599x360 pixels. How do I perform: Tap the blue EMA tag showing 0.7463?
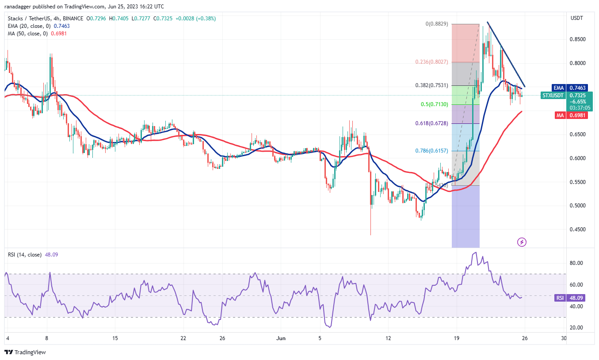pyautogui.click(x=565, y=88)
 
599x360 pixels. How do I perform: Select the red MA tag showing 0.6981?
pyautogui.click(x=565, y=115)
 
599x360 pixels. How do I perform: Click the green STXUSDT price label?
pyautogui.click(x=565, y=96)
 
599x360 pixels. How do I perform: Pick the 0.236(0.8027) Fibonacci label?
pyautogui.click(x=431, y=62)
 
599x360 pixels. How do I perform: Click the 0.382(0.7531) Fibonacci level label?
pyautogui.click(x=431, y=85)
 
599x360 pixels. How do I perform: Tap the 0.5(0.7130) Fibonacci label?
pyautogui.click(x=435, y=104)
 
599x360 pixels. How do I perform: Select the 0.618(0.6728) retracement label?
pyautogui.click(x=431, y=123)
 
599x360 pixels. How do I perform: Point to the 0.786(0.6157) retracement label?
pyautogui.click(x=431, y=151)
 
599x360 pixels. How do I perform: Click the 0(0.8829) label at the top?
pyautogui.click(x=437, y=24)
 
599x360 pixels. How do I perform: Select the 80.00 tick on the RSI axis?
pyautogui.click(x=577, y=263)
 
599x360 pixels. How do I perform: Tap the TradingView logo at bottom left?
pyautogui.click(x=25, y=352)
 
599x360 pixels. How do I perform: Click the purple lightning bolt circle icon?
pyautogui.click(x=522, y=242)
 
